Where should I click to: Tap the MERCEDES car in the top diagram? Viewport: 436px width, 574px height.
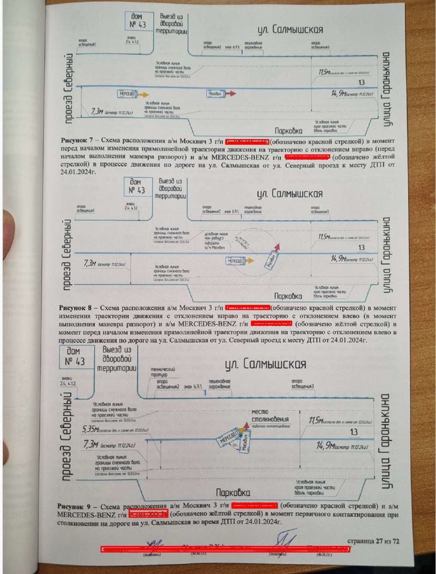(128, 93)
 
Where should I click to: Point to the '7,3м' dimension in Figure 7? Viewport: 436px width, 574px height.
(97, 111)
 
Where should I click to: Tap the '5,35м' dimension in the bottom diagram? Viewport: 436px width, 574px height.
(92, 429)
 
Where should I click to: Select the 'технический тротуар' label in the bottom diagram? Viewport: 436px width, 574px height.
(161, 373)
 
